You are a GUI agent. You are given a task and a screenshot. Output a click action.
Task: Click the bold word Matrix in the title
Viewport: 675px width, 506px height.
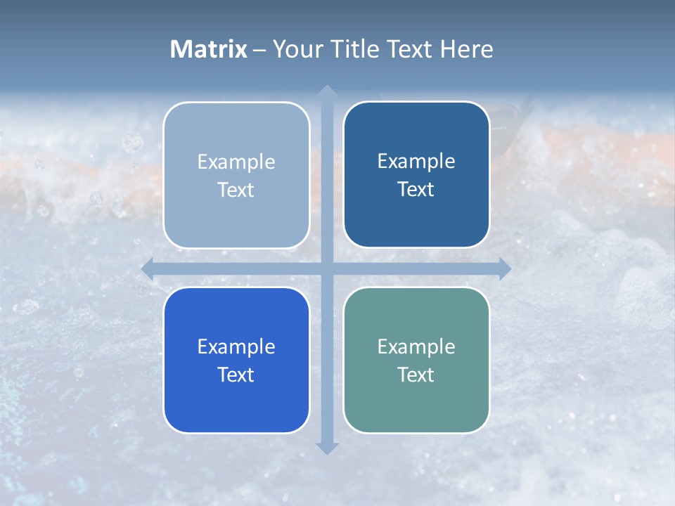pyautogui.click(x=209, y=49)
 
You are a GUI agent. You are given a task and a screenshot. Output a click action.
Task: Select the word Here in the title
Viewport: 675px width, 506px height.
pyautogui.click(x=466, y=49)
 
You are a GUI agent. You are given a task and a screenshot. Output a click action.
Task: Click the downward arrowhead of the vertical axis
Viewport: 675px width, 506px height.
pyautogui.click(x=326, y=448)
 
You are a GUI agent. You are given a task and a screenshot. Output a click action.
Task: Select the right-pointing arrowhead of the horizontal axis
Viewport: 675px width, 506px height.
pyautogui.click(x=504, y=268)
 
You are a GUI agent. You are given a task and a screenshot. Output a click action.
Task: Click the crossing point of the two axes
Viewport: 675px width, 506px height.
pyautogui.click(x=326, y=268)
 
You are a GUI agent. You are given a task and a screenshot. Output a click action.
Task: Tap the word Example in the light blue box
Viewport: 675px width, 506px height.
pyautogui.click(x=236, y=162)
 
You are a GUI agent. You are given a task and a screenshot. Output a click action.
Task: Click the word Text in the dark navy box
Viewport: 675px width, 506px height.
pyautogui.click(x=416, y=189)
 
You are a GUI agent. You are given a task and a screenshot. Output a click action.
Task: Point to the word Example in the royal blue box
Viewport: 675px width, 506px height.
pyautogui.click(x=236, y=346)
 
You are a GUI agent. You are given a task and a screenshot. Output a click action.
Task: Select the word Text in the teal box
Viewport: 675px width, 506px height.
pyautogui.click(x=416, y=375)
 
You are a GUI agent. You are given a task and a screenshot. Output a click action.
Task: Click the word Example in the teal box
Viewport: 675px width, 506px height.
pyautogui.click(x=416, y=346)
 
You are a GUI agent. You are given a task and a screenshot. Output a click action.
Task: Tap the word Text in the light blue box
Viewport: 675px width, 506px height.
pyautogui.click(x=236, y=190)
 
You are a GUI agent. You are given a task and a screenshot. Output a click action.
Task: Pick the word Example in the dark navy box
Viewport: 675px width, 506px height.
pyautogui.click(x=416, y=161)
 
